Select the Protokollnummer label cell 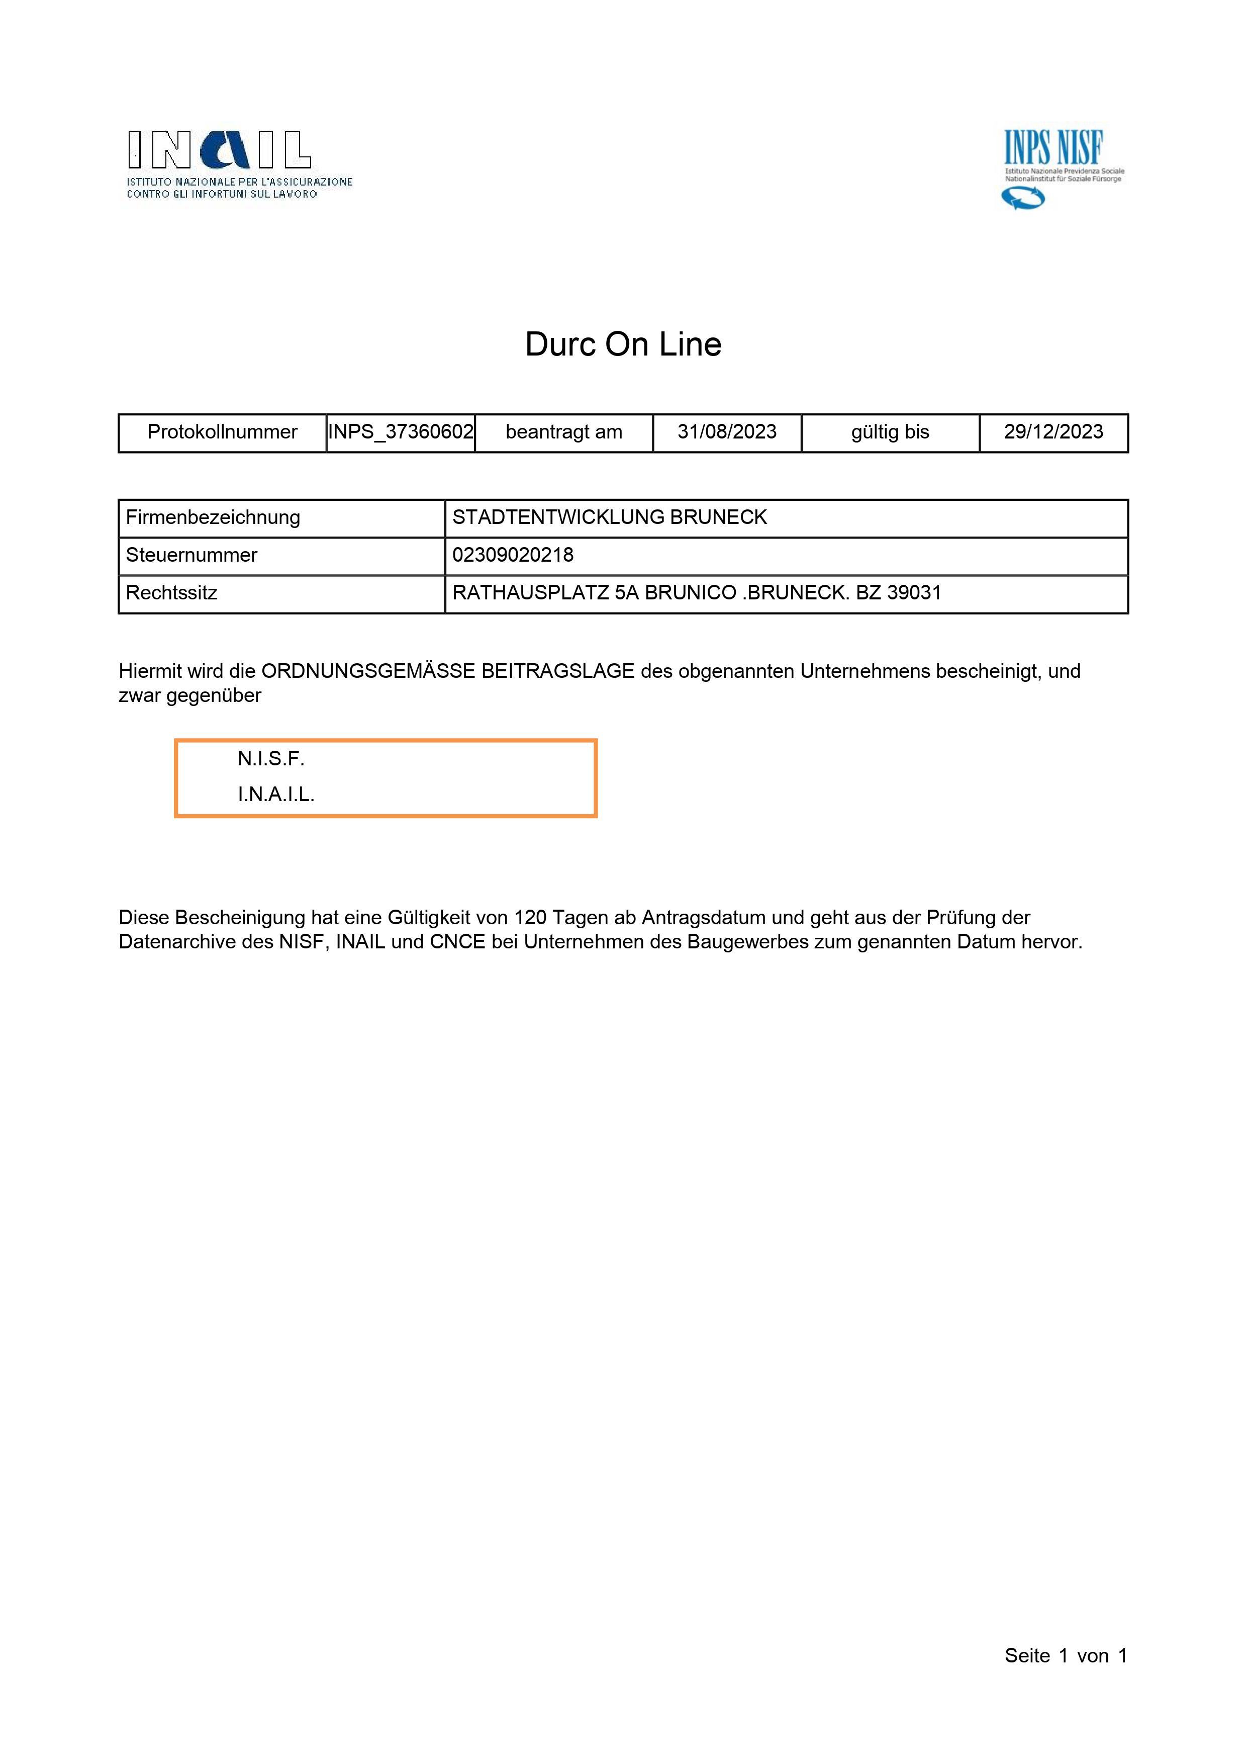pos(222,432)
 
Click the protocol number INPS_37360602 pos(401,432)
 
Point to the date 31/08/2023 pos(726,432)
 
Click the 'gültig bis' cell pos(890,432)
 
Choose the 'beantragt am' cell pos(563,432)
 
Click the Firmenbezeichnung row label pos(213,518)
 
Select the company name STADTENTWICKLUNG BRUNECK pos(610,518)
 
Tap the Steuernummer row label pos(191,556)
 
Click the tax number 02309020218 pos(513,556)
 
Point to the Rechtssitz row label pos(171,593)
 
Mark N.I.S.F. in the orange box pos(271,759)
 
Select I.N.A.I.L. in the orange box pos(275,795)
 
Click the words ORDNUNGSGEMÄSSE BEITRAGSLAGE pos(448,671)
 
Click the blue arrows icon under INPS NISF pos(1023,199)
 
